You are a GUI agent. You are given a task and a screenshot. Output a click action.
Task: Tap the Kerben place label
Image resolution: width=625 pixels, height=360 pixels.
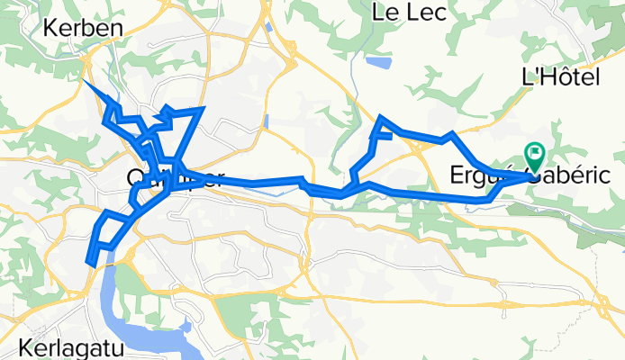coord(83,28)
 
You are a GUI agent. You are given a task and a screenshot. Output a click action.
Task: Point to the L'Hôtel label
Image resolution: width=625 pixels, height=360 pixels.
coord(560,78)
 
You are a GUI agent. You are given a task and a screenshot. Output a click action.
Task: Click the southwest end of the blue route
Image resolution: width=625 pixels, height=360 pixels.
coord(90,262)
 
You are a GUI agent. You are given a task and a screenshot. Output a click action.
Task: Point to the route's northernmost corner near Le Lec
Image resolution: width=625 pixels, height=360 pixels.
coord(382,118)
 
